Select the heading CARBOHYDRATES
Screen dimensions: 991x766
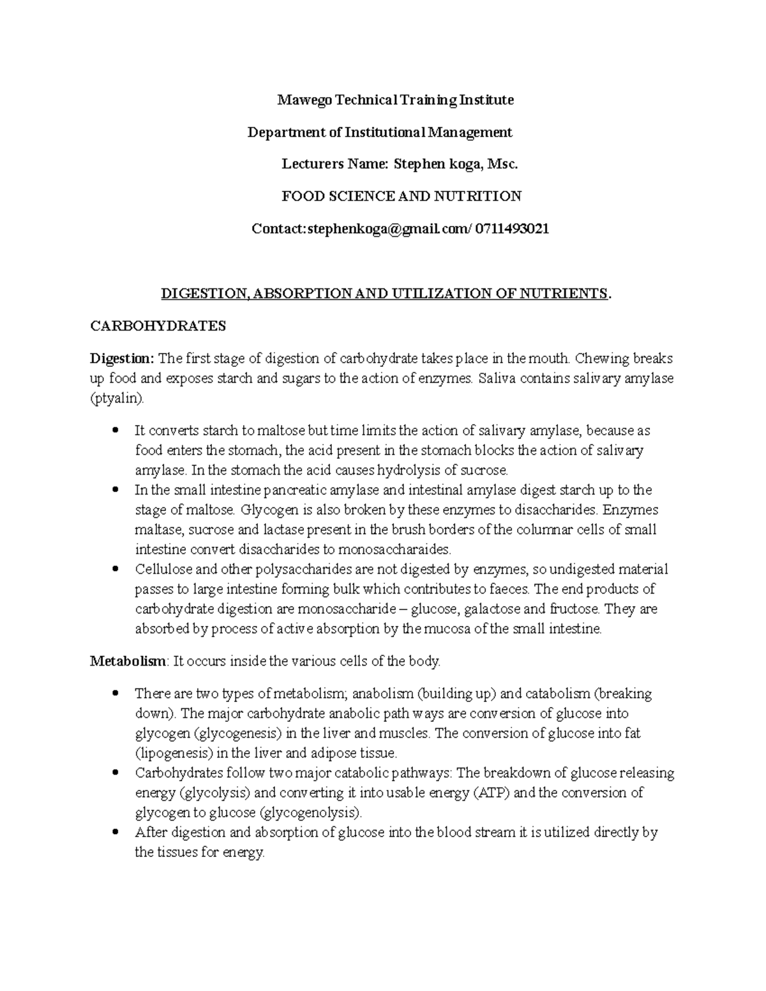click(x=158, y=326)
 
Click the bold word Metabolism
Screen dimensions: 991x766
click(x=128, y=662)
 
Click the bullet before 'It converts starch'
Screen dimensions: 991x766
click(x=116, y=431)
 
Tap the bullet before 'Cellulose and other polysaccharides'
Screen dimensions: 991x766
click(x=116, y=569)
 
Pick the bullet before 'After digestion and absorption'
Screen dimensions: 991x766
click(x=116, y=833)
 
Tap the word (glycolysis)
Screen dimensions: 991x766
click(x=216, y=793)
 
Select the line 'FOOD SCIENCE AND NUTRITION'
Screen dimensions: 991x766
click(x=402, y=196)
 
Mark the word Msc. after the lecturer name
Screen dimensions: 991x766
click(x=502, y=164)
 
